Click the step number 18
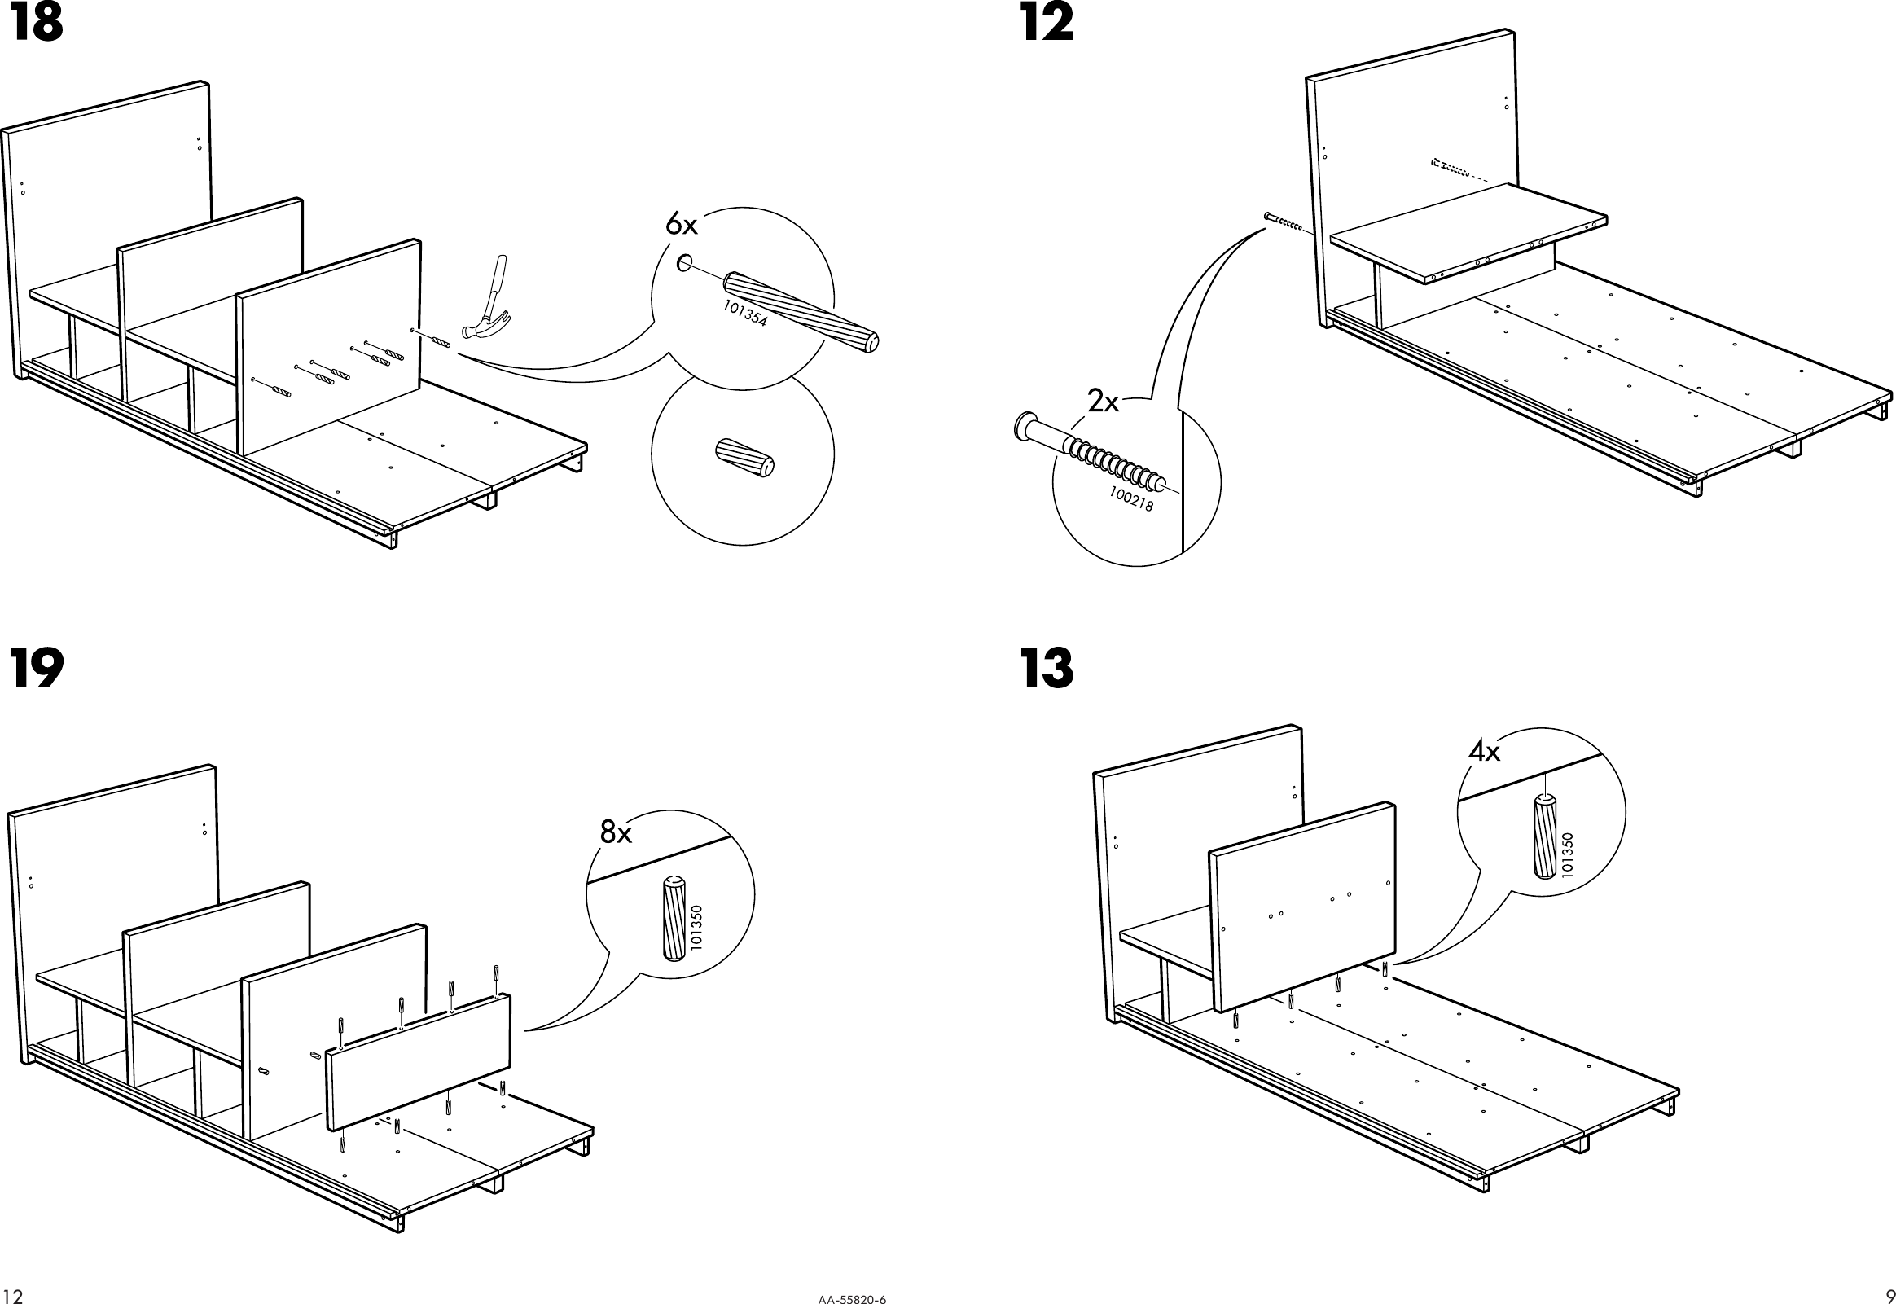pyautogui.click(x=37, y=24)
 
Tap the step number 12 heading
pyautogui.click(x=1047, y=24)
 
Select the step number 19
pyautogui.click(x=37, y=669)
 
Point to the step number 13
pyautogui.click(x=1047, y=669)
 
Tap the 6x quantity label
pyautogui.click(x=682, y=223)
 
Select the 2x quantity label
pyautogui.click(x=1103, y=402)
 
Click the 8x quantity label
pyautogui.click(x=616, y=832)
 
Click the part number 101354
pyautogui.click(x=745, y=313)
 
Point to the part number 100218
pyautogui.click(x=1131, y=499)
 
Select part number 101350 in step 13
pyautogui.click(x=1567, y=854)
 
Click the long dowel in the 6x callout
pyautogui.click(x=801, y=310)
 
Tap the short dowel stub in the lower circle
pyautogui.click(x=744, y=458)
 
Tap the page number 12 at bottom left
pyautogui.click(x=13, y=1294)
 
